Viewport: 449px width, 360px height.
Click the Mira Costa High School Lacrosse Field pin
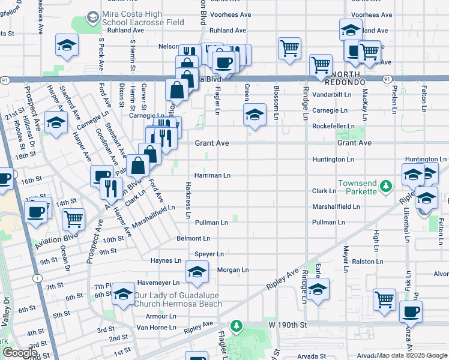pyautogui.click(x=93, y=18)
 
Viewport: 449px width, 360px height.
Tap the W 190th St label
pyautogui.click(x=288, y=325)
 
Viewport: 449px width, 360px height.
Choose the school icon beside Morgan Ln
pyautogui.click(x=197, y=272)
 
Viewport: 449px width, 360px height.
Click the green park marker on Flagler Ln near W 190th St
pyautogui.click(x=237, y=326)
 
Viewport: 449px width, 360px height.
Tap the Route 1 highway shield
pyautogui.click(x=38, y=278)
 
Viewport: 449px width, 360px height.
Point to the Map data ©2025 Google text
pyautogui.click(x=412, y=356)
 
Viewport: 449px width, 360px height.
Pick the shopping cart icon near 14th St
pyautogui.click(x=73, y=219)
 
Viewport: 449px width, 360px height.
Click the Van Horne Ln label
pyautogui.click(x=156, y=328)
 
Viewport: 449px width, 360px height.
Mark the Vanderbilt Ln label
pyautogui.click(x=331, y=95)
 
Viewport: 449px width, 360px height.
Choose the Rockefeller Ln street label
pyautogui.click(x=332, y=126)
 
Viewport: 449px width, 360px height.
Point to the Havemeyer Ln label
pyautogui.click(x=158, y=283)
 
